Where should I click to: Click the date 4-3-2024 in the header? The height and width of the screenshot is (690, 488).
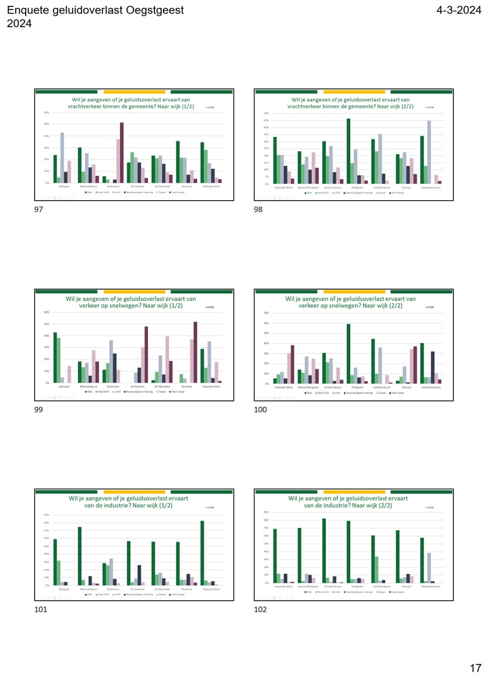click(458, 10)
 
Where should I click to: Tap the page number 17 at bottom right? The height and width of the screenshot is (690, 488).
click(475, 668)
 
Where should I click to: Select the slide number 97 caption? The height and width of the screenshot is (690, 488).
click(38, 209)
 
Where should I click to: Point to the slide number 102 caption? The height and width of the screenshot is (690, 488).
click(260, 609)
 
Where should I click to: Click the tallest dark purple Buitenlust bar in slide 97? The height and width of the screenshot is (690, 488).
click(122, 153)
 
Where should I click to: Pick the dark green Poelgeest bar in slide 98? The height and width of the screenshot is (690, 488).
click(348, 151)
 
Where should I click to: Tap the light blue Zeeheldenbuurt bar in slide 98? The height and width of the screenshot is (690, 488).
click(429, 152)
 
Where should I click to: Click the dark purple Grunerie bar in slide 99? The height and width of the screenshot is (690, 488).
click(196, 352)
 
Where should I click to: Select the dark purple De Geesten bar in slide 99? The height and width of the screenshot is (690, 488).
click(146, 354)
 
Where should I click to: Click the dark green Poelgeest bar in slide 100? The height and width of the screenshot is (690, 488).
click(348, 353)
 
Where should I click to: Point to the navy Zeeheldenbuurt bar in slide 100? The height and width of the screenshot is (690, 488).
click(433, 367)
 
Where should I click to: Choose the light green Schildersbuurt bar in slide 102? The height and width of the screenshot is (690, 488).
click(377, 569)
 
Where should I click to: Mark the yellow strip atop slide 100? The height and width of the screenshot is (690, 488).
click(354, 292)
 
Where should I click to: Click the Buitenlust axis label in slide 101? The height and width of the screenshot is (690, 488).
click(113, 589)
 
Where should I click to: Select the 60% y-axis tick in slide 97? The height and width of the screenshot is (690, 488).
click(47, 112)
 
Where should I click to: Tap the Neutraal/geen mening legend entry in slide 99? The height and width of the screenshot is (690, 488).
click(139, 392)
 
